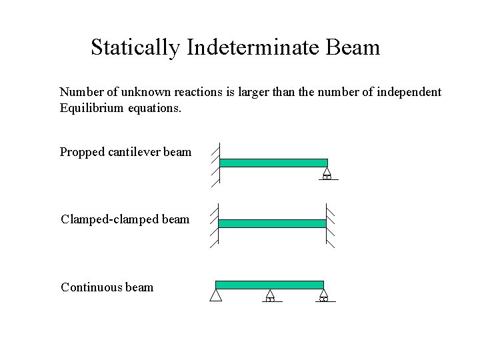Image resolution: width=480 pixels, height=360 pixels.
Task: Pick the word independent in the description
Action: (x=409, y=91)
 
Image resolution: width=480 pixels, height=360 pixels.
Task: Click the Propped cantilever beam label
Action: (x=125, y=152)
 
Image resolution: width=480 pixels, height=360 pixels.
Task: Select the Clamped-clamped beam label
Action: (x=125, y=219)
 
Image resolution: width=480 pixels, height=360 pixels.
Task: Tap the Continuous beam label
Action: (x=107, y=287)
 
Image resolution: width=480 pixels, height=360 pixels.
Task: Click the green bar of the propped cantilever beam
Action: (x=273, y=163)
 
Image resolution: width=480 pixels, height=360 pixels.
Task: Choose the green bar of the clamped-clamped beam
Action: (x=272, y=223)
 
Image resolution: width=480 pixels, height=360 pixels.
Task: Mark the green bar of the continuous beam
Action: (x=269, y=285)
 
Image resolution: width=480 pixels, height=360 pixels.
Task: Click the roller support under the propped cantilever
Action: (x=327, y=174)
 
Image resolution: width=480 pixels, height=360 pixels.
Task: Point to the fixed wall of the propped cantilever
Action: (x=217, y=163)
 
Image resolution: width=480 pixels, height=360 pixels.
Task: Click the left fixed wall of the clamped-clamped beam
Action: (x=215, y=224)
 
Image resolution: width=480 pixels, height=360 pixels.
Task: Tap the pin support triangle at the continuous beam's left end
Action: (x=215, y=295)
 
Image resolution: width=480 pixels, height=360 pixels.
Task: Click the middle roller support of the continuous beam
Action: (x=270, y=295)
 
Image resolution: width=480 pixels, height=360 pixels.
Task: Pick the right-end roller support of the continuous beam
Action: (x=323, y=295)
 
